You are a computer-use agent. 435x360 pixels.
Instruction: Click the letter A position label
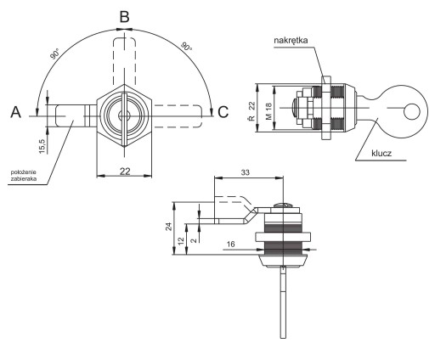[x=16, y=112]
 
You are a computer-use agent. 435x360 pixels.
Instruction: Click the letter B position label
[x=125, y=17]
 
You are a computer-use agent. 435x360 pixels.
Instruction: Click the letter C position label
[x=223, y=112]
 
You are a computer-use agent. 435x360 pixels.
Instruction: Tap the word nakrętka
[x=291, y=40]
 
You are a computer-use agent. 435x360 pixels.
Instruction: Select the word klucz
[x=381, y=153]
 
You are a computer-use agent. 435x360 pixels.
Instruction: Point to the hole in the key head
[x=412, y=111]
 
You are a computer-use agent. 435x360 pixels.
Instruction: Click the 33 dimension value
[x=246, y=172]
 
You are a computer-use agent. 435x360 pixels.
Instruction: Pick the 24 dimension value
[x=169, y=227]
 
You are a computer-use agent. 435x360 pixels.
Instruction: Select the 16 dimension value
[x=231, y=244]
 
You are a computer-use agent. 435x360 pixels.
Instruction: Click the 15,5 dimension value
[x=42, y=146]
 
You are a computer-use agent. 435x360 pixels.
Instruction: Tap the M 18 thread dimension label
[x=268, y=111]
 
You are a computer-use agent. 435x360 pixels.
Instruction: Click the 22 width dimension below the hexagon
[x=125, y=171]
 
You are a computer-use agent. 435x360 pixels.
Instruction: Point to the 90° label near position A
[x=55, y=53]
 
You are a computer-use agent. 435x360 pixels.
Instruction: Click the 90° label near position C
[x=187, y=47]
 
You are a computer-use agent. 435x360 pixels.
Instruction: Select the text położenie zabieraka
[x=24, y=176]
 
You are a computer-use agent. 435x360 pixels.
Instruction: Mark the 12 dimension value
[x=181, y=240]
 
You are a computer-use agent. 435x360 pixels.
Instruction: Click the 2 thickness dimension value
[x=194, y=240]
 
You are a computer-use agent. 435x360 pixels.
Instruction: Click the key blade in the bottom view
[x=283, y=303]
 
